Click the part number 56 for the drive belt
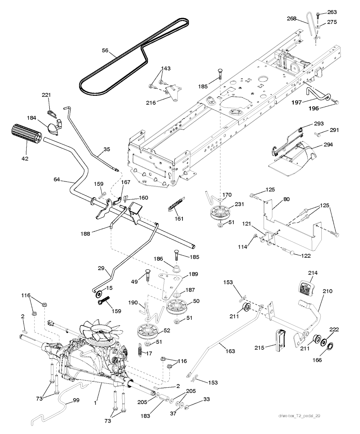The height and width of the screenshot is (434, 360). tap(105, 50)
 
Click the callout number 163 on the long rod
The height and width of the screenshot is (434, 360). tap(231, 351)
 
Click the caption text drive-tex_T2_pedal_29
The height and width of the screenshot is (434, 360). tap(299, 416)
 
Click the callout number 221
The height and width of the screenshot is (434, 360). tap(46, 95)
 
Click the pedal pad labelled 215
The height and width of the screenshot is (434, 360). tap(281, 340)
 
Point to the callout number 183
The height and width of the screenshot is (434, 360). tap(145, 416)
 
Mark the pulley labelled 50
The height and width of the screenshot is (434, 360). tap(176, 307)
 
